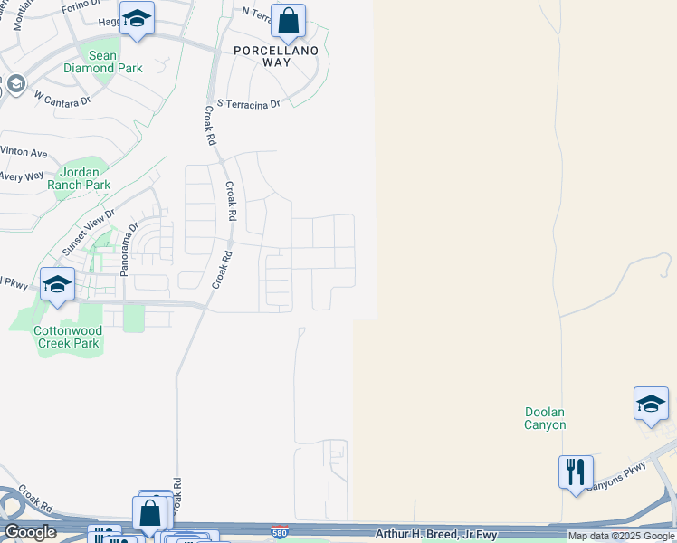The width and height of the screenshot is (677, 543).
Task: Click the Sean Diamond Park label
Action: (102, 62)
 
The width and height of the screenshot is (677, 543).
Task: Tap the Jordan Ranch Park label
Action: (84, 178)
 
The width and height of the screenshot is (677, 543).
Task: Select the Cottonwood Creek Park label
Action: (67, 337)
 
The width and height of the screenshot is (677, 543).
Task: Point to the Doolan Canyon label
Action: (545, 418)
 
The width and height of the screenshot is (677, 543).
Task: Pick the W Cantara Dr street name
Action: (62, 98)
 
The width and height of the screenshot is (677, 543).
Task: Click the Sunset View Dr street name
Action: (89, 233)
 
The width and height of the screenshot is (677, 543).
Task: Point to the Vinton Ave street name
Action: (24, 151)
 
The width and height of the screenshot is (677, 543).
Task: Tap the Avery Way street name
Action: (22, 176)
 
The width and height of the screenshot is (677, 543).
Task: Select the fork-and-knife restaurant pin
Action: (576, 472)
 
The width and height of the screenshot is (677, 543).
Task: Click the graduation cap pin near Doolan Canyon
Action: (651, 404)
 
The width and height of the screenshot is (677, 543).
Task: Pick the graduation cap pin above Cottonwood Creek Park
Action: (57, 284)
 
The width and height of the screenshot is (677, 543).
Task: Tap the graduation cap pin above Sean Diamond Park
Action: (137, 18)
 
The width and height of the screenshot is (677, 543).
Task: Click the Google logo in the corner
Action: (30, 532)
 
